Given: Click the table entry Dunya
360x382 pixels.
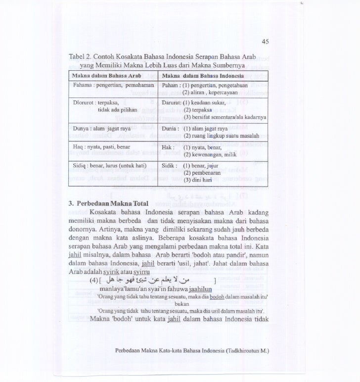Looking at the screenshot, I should click(79, 128).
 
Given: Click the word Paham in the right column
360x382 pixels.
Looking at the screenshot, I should click(169, 85).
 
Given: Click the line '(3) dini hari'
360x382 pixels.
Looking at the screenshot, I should click(200, 181).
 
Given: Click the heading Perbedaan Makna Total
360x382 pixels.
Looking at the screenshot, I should click(106, 204).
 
